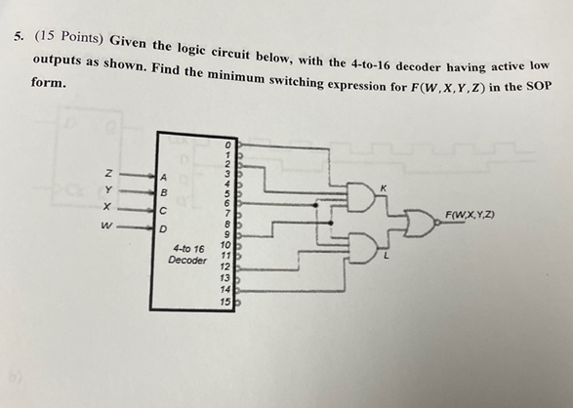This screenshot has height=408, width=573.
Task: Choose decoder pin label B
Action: (165, 193)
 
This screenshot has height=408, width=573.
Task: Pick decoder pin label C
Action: (165, 210)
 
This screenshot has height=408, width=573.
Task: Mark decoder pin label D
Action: (165, 229)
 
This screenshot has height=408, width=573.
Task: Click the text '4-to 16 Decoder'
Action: (187, 255)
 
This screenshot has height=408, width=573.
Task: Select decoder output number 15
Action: (225, 303)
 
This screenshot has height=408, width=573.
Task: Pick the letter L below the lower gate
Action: (387, 257)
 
